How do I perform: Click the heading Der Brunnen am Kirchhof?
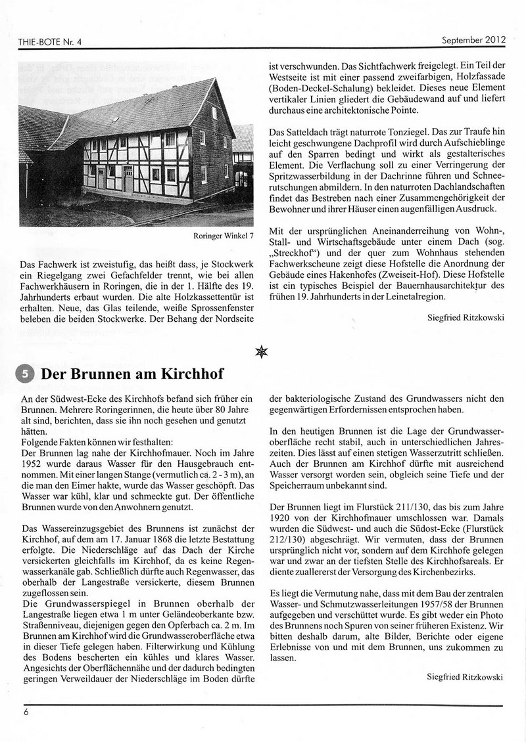click(x=131, y=374)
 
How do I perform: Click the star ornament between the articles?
click(x=262, y=352)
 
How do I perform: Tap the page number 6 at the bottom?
click(x=26, y=711)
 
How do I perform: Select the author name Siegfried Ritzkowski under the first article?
click(x=466, y=318)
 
